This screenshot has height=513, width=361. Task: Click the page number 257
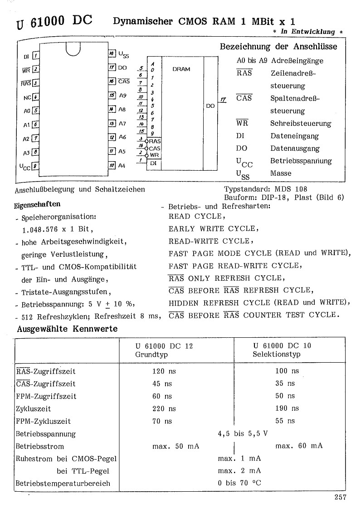click(x=340, y=497)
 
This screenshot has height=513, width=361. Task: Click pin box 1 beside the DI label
click(x=36, y=56)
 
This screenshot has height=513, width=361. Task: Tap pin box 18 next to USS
click(x=112, y=54)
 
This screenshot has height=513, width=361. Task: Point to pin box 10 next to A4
click(x=112, y=166)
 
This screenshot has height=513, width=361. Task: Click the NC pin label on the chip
click(x=27, y=97)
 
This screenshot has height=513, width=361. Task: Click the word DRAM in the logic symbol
click(x=181, y=69)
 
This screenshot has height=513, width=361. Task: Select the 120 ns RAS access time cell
click(x=164, y=371)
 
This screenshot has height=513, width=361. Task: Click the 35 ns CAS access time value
click(x=284, y=384)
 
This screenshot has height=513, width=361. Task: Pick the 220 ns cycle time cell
click(x=164, y=408)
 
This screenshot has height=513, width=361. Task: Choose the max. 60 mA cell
click(x=299, y=446)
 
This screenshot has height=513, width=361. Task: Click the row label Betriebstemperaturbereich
click(x=63, y=483)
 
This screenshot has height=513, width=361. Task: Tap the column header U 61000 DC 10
click(x=282, y=346)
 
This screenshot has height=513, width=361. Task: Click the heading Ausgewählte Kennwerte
click(x=67, y=329)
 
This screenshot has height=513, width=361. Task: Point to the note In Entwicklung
click(x=308, y=32)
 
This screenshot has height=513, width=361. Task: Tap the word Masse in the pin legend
click(x=281, y=173)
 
